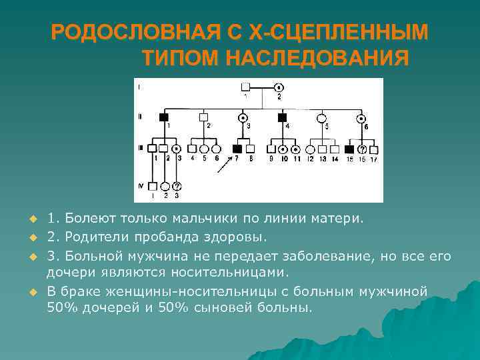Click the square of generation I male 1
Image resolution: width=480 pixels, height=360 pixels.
point(245,87)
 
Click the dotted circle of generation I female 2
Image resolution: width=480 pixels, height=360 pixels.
point(279,87)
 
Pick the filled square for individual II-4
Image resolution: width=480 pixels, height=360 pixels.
point(283,117)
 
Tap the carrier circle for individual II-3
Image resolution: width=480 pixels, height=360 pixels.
point(243,117)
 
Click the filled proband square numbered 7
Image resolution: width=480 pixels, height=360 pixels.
point(237,149)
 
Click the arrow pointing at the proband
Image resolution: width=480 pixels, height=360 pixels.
point(222,165)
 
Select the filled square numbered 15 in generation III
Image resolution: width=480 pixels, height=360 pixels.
point(349,149)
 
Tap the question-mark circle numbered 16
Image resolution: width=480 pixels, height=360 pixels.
point(362,149)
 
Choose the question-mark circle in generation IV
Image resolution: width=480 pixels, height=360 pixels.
point(177,186)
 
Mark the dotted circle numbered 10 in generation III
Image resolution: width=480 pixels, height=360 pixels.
point(283,149)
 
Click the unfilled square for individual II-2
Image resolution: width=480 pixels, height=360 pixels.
point(204,117)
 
